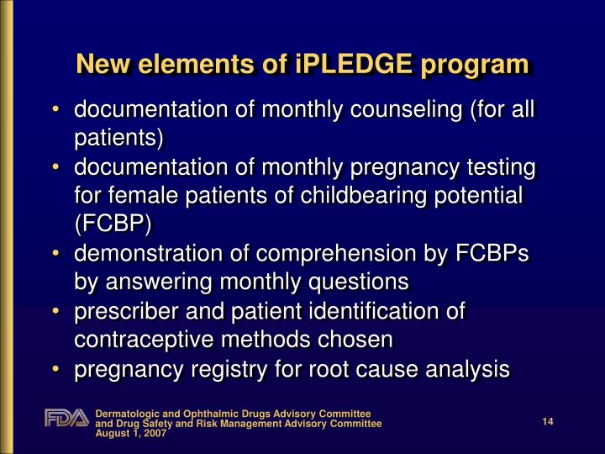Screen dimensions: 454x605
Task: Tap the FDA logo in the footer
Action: (x=66, y=418)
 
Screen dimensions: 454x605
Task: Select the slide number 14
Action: (x=547, y=421)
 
